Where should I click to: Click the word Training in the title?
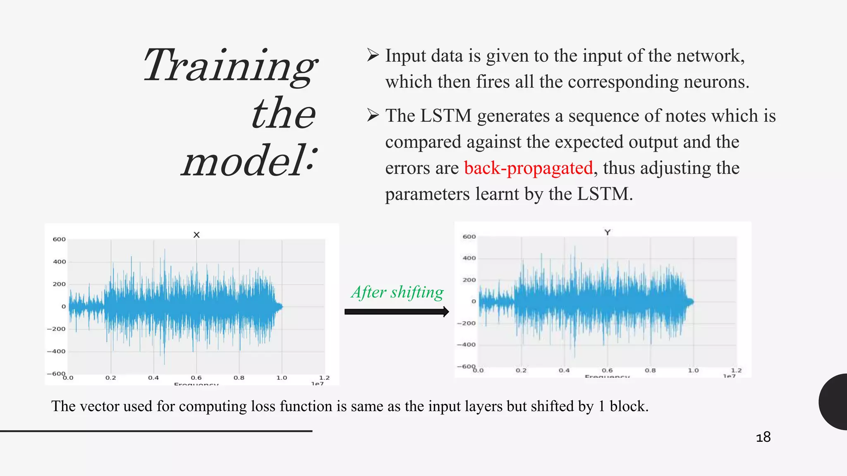click(x=230, y=66)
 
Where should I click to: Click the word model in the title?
click(x=244, y=161)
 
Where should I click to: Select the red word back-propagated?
click(x=529, y=168)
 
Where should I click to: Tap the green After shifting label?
click(x=397, y=292)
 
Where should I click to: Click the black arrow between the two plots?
click(x=396, y=312)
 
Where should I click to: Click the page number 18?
click(x=763, y=437)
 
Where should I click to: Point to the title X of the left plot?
click(x=196, y=235)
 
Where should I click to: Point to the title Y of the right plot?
click(x=607, y=232)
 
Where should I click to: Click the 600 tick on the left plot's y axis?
click(x=59, y=239)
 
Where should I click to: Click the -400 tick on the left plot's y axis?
click(x=56, y=351)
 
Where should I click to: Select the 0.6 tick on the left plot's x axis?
click(x=196, y=378)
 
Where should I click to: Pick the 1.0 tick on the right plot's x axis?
click(x=693, y=370)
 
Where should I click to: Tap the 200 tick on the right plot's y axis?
click(x=469, y=280)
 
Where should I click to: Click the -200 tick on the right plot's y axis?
click(x=466, y=323)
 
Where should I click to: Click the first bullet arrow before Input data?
click(x=373, y=55)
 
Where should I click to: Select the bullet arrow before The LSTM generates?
click(x=373, y=115)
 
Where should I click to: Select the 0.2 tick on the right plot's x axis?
click(x=521, y=370)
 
